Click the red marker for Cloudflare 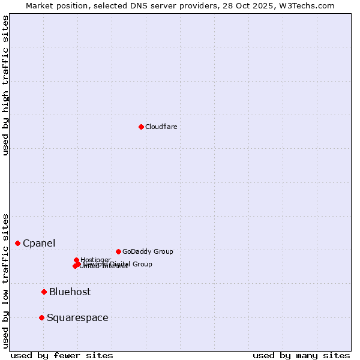(141, 127)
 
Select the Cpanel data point (18, 243)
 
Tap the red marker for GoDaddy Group (118, 251)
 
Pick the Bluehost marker (44, 292)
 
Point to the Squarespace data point (41, 317)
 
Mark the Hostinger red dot (76, 260)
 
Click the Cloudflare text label (161, 127)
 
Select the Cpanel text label (39, 243)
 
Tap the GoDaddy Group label (148, 251)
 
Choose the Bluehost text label (70, 292)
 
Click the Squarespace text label (77, 317)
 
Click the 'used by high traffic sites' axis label (5, 85)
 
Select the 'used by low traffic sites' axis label (5, 280)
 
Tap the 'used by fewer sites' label (62, 355)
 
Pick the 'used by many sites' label (301, 355)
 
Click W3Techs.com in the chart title (310, 5)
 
